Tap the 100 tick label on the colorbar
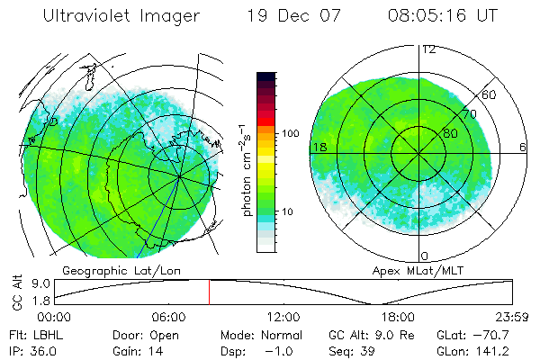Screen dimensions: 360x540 (290, 133)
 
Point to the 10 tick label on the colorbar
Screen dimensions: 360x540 (289, 212)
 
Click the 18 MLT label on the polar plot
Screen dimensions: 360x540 (319, 147)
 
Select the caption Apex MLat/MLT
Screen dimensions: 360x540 (410, 270)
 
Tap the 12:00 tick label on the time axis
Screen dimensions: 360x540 (283, 317)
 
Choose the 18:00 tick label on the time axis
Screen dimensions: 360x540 (397, 317)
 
